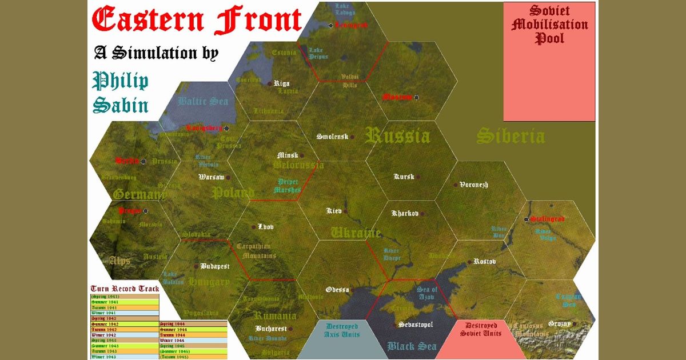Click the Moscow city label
(x=397, y=97)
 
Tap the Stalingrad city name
(x=547, y=219)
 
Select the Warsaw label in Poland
(x=212, y=177)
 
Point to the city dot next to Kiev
(x=345, y=211)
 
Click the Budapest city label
(x=215, y=266)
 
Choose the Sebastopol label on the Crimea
(x=416, y=325)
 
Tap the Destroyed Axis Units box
(x=342, y=330)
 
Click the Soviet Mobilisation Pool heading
(x=549, y=25)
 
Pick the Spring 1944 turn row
(x=193, y=324)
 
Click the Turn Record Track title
(x=125, y=288)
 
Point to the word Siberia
(x=510, y=136)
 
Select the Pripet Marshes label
(x=287, y=186)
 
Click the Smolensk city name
(x=333, y=137)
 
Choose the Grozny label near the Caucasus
(x=559, y=324)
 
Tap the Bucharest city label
(x=271, y=329)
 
